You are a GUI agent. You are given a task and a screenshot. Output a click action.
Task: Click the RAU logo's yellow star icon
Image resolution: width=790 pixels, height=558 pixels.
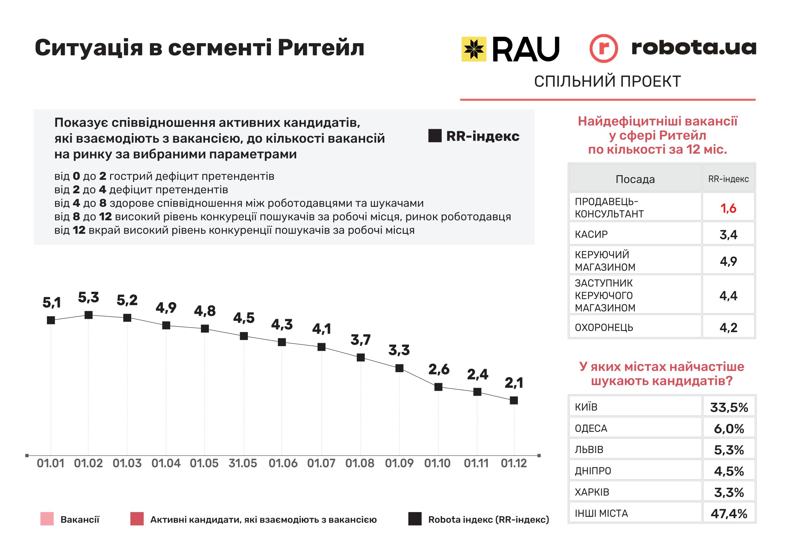[x=474, y=49]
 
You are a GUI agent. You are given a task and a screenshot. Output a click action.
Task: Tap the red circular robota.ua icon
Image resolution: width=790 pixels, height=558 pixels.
[x=603, y=49]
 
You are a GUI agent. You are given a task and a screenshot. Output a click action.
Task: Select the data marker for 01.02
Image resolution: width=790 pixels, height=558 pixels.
[x=88, y=315]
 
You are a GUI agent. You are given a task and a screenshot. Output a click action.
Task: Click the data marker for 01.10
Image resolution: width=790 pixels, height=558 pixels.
[x=438, y=387]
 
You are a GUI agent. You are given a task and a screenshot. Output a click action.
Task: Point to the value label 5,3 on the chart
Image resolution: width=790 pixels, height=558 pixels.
[x=88, y=298]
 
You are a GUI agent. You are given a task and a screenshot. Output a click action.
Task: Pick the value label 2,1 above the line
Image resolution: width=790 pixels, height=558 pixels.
[x=514, y=383]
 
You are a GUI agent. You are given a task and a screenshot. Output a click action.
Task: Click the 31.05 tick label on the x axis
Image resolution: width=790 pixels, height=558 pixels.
[x=243, y=464]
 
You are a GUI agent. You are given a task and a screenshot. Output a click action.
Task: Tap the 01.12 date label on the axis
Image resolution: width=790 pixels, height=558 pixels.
[x=514, y=464]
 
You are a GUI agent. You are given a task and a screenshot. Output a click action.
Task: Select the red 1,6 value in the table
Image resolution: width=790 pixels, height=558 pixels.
[x=728, y=208]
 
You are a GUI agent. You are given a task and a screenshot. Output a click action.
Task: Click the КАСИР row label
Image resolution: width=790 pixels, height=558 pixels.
[x=591, y=234]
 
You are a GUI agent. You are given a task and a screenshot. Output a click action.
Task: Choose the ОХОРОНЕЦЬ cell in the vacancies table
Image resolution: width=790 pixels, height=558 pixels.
[x=604, y=328]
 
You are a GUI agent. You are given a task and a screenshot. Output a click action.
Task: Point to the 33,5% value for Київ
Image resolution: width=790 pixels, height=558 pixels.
[x=729, y=408]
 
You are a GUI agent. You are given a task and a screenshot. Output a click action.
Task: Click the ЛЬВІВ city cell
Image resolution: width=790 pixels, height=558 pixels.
[x=589, y=450]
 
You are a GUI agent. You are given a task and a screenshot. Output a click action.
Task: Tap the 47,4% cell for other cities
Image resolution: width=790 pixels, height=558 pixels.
[x=729, y=514]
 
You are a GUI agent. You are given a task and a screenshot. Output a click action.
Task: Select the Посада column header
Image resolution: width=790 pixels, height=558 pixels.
[x=635, y=179]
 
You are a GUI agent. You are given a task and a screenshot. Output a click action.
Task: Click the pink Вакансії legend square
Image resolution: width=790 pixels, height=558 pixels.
[x=47, y=519]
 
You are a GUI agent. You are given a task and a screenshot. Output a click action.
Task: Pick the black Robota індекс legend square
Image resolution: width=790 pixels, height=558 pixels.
[x=415, y=519]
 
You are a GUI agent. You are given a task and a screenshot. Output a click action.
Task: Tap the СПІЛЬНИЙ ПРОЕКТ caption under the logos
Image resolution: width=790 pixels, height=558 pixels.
[x=607, y=82]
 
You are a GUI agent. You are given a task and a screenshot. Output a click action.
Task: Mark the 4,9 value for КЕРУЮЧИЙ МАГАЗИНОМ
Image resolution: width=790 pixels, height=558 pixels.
[x=728, y=261]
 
